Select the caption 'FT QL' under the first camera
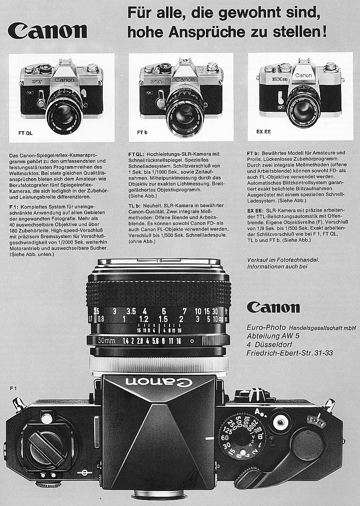point(25,133)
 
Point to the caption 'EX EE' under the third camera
point(256,132)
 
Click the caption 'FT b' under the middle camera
point(142,132)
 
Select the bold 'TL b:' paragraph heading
point(135,206)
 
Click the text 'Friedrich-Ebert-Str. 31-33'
point(290,353)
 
